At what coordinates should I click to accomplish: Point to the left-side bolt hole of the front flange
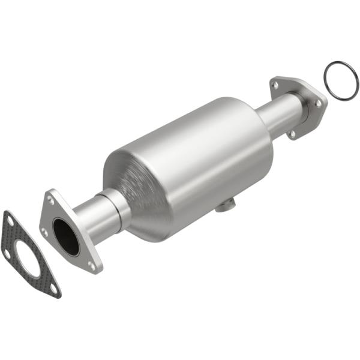[x=44, y=232]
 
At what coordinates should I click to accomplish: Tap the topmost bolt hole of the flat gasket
[x=10, y=221]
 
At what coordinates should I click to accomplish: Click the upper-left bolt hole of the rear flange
[x=275, y=85]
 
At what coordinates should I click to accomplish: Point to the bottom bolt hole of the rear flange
[x=292, y=133]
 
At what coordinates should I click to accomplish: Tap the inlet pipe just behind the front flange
[x=90, y=216]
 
